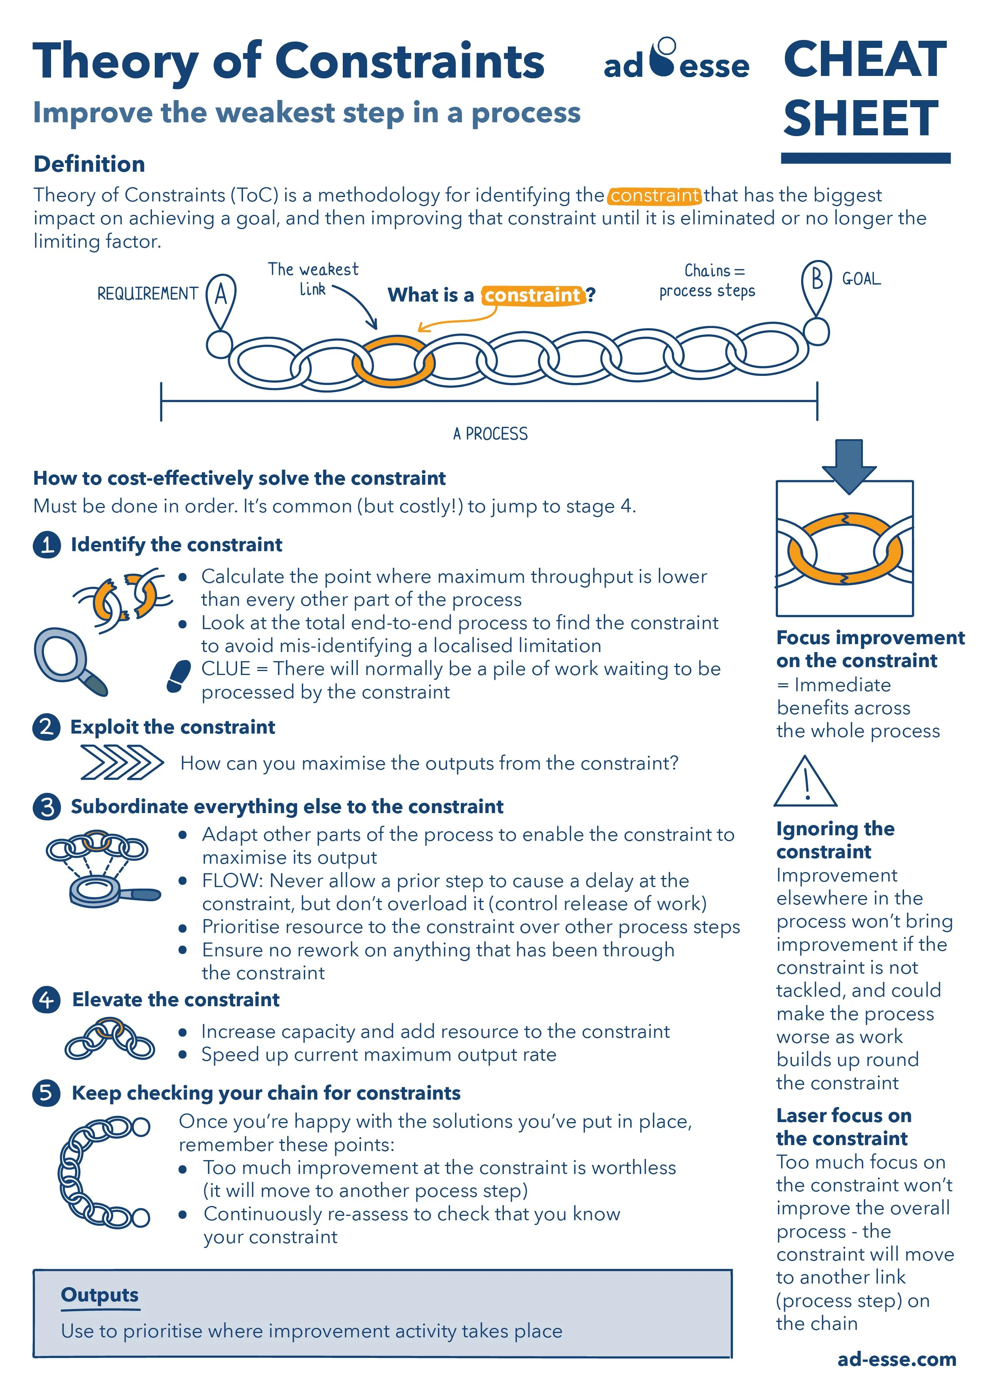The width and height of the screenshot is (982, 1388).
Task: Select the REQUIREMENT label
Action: (148, 294)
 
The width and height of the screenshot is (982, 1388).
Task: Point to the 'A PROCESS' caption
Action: (490, 433)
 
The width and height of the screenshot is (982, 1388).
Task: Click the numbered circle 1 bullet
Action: (47, 545)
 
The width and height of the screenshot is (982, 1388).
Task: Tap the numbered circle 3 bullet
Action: (47, 807)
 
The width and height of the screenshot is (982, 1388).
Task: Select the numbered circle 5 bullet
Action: (47, 1093)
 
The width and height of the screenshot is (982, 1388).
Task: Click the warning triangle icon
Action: (805, 783)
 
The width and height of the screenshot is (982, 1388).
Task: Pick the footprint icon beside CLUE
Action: (179, 675)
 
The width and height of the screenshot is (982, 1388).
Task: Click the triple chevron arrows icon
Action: (122, 762)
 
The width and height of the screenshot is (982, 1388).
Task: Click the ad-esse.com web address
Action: (897, 1359)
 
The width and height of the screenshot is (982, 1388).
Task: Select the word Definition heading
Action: (89, 164)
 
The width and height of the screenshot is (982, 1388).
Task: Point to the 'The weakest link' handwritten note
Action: (313, 279)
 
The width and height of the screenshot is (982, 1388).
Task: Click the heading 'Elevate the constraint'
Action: (175, 999)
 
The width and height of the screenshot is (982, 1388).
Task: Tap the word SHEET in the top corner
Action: (860, 118)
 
